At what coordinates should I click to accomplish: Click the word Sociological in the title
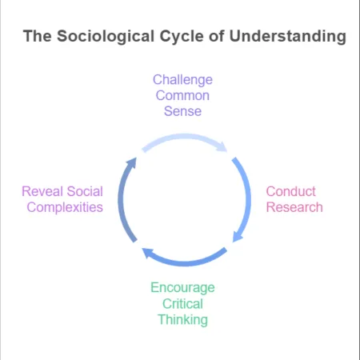(106, 37)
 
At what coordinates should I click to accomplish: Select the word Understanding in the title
(288, 37)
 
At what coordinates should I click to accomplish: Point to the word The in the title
(38, 36)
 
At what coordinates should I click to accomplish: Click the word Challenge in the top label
(182, 80)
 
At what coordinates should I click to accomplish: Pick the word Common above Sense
(182, 95)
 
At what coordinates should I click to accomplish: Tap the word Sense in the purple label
(182, 111)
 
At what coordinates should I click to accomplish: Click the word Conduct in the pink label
(291, 191)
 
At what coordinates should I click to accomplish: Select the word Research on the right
(294, 207)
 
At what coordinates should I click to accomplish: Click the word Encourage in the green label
(182, 288)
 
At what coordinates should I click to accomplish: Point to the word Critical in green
(182, 304)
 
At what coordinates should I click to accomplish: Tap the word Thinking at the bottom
(182, 320)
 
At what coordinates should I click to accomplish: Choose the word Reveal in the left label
(42, 191)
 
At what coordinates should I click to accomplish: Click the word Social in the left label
(85, 191)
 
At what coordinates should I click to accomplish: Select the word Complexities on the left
(65, 208)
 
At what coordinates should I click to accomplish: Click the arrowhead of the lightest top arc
(222, 146)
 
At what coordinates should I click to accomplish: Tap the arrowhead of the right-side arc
(237, 236)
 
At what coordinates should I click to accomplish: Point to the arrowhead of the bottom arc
(147, 253)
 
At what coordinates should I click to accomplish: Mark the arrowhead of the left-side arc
(132, 162)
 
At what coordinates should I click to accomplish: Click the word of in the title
(217, 36)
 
